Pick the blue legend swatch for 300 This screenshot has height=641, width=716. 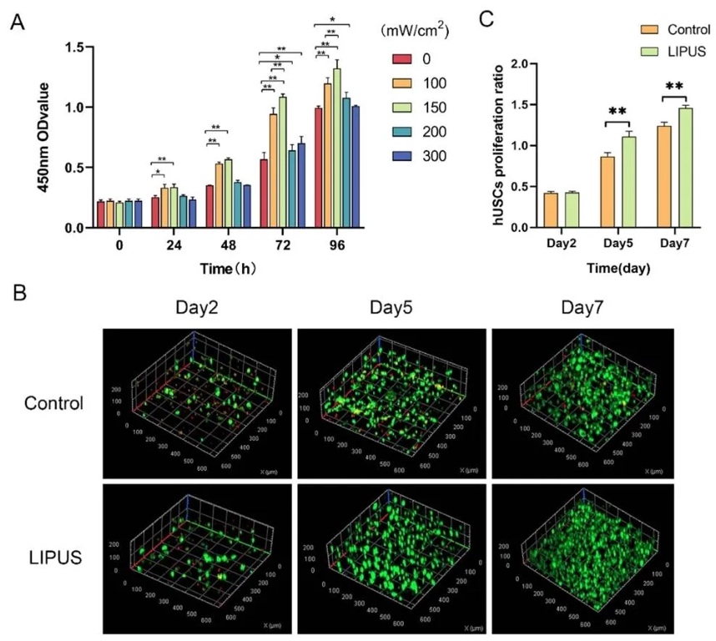401,156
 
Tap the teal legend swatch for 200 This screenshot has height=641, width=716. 401,132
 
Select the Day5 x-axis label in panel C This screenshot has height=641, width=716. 618,245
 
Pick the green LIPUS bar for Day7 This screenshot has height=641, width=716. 686,168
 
